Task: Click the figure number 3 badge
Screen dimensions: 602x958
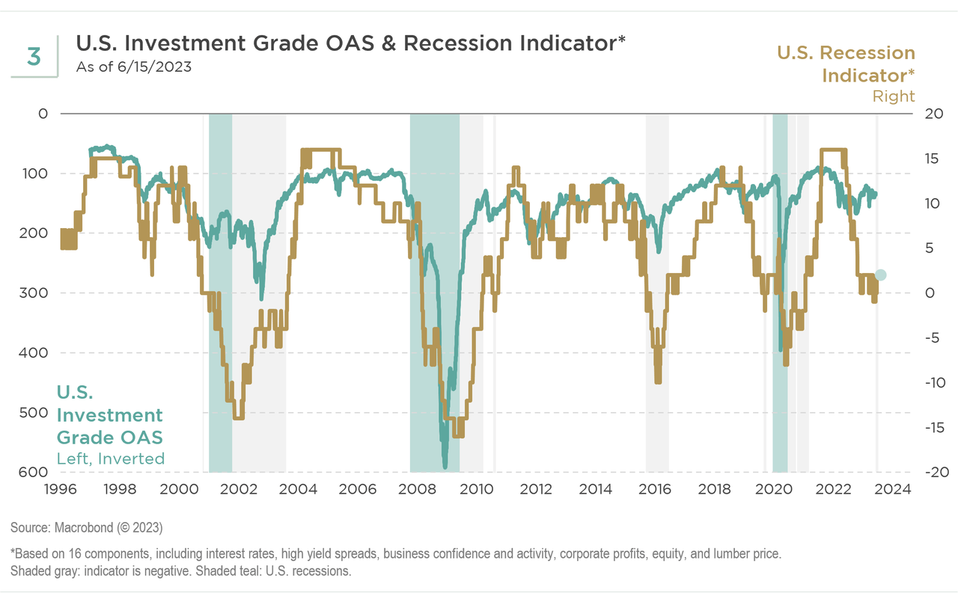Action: coord(34,56)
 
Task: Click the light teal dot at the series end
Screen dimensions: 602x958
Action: coord(880,275)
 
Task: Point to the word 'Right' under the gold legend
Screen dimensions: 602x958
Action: coord(894,96)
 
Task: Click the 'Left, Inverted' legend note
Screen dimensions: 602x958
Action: coord(111,459)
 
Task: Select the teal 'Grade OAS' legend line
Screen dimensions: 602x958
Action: coord(109,437)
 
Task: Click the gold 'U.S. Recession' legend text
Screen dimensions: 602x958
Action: coord(846,53)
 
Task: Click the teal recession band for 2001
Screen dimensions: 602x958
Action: coord(221,299)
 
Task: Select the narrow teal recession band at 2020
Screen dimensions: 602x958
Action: coord(780,299)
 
